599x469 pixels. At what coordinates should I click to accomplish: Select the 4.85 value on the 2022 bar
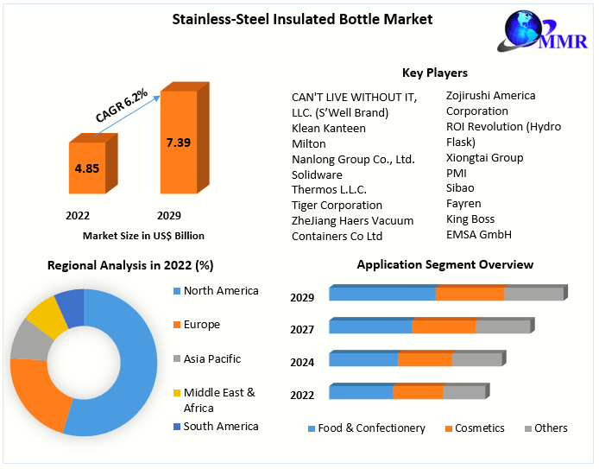87,168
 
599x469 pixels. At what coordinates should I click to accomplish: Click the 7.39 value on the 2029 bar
179,142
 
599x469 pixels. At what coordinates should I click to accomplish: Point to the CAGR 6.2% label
122,105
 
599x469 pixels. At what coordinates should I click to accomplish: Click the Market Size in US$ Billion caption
143,235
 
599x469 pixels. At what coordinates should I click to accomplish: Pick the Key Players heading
434,73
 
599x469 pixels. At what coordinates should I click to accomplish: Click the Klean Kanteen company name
328,128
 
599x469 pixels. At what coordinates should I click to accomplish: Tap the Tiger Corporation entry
337,205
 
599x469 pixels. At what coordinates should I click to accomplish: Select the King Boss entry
470,219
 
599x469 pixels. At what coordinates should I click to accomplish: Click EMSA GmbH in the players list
478,234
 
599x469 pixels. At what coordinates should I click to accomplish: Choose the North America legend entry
220,291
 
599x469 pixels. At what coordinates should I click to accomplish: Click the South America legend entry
220,426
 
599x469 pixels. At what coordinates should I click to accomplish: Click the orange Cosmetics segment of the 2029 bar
470,294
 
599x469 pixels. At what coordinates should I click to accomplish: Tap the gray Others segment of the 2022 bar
463,392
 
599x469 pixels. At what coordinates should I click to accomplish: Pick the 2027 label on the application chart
302,330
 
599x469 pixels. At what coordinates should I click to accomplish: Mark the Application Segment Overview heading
445,264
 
